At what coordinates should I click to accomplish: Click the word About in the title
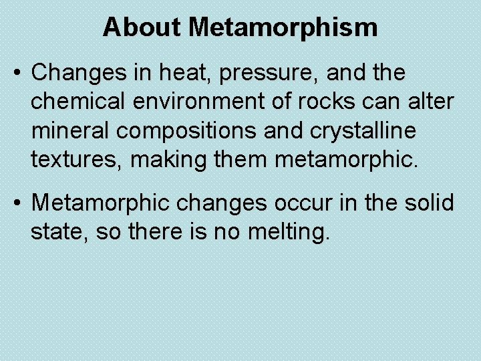point(142,27)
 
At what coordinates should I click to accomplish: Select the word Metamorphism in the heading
point(283,27)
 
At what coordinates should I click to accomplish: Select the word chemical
point(74,102)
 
